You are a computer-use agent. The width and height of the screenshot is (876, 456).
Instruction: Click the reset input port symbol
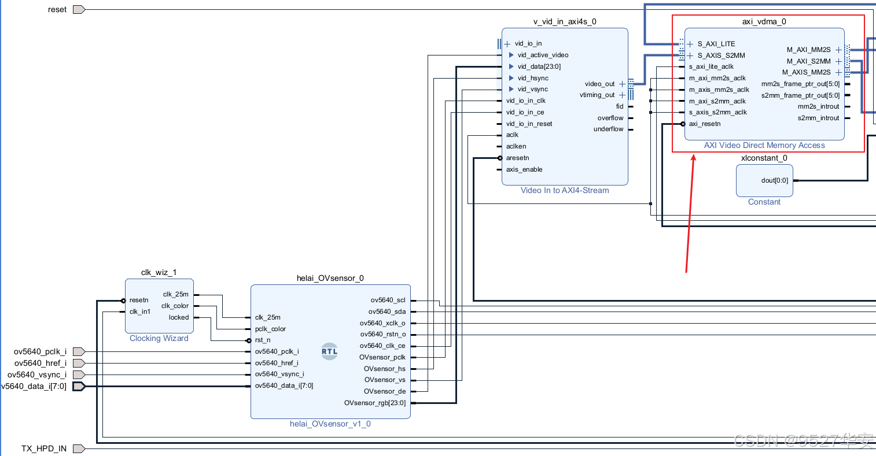click(79, 9)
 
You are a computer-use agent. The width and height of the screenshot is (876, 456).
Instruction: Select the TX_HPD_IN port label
click(44, 448)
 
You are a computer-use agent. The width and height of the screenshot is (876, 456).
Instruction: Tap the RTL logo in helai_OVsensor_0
click(329, 351)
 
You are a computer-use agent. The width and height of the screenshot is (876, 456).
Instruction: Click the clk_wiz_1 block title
click(159, 272)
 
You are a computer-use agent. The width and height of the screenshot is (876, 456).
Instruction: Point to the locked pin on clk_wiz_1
click(179, 317)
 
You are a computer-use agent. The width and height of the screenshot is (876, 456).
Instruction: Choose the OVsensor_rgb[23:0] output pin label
click(375, 403)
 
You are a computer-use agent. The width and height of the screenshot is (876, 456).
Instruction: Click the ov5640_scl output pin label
click(388, 300)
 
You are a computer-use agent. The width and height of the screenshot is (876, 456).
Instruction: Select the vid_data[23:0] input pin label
click(539, 66)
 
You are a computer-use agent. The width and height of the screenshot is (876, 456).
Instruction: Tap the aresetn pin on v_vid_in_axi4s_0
click(517, 158)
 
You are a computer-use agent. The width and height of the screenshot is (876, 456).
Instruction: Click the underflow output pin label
click(608, 129)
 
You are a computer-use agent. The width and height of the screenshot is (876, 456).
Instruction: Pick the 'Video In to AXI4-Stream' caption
click(565, 190)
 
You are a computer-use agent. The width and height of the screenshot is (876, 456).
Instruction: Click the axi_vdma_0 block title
click(764, 21)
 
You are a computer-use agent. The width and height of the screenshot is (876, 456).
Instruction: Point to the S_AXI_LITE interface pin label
click(716, 44)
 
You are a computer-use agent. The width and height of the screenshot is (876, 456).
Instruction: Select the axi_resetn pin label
click(705, 124)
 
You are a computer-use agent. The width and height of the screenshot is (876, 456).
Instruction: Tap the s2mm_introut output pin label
click(818, 118)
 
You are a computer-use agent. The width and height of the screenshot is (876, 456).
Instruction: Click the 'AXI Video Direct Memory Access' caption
click(764, 145)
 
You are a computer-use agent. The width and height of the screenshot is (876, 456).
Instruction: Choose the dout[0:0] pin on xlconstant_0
click(774, 180)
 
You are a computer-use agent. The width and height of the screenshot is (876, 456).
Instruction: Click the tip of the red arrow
click(693, 155)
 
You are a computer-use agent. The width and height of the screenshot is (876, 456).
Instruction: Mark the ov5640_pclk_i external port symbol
click(79, 351)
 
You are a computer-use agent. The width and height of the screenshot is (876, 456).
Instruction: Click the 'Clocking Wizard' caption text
click(159, 338)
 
